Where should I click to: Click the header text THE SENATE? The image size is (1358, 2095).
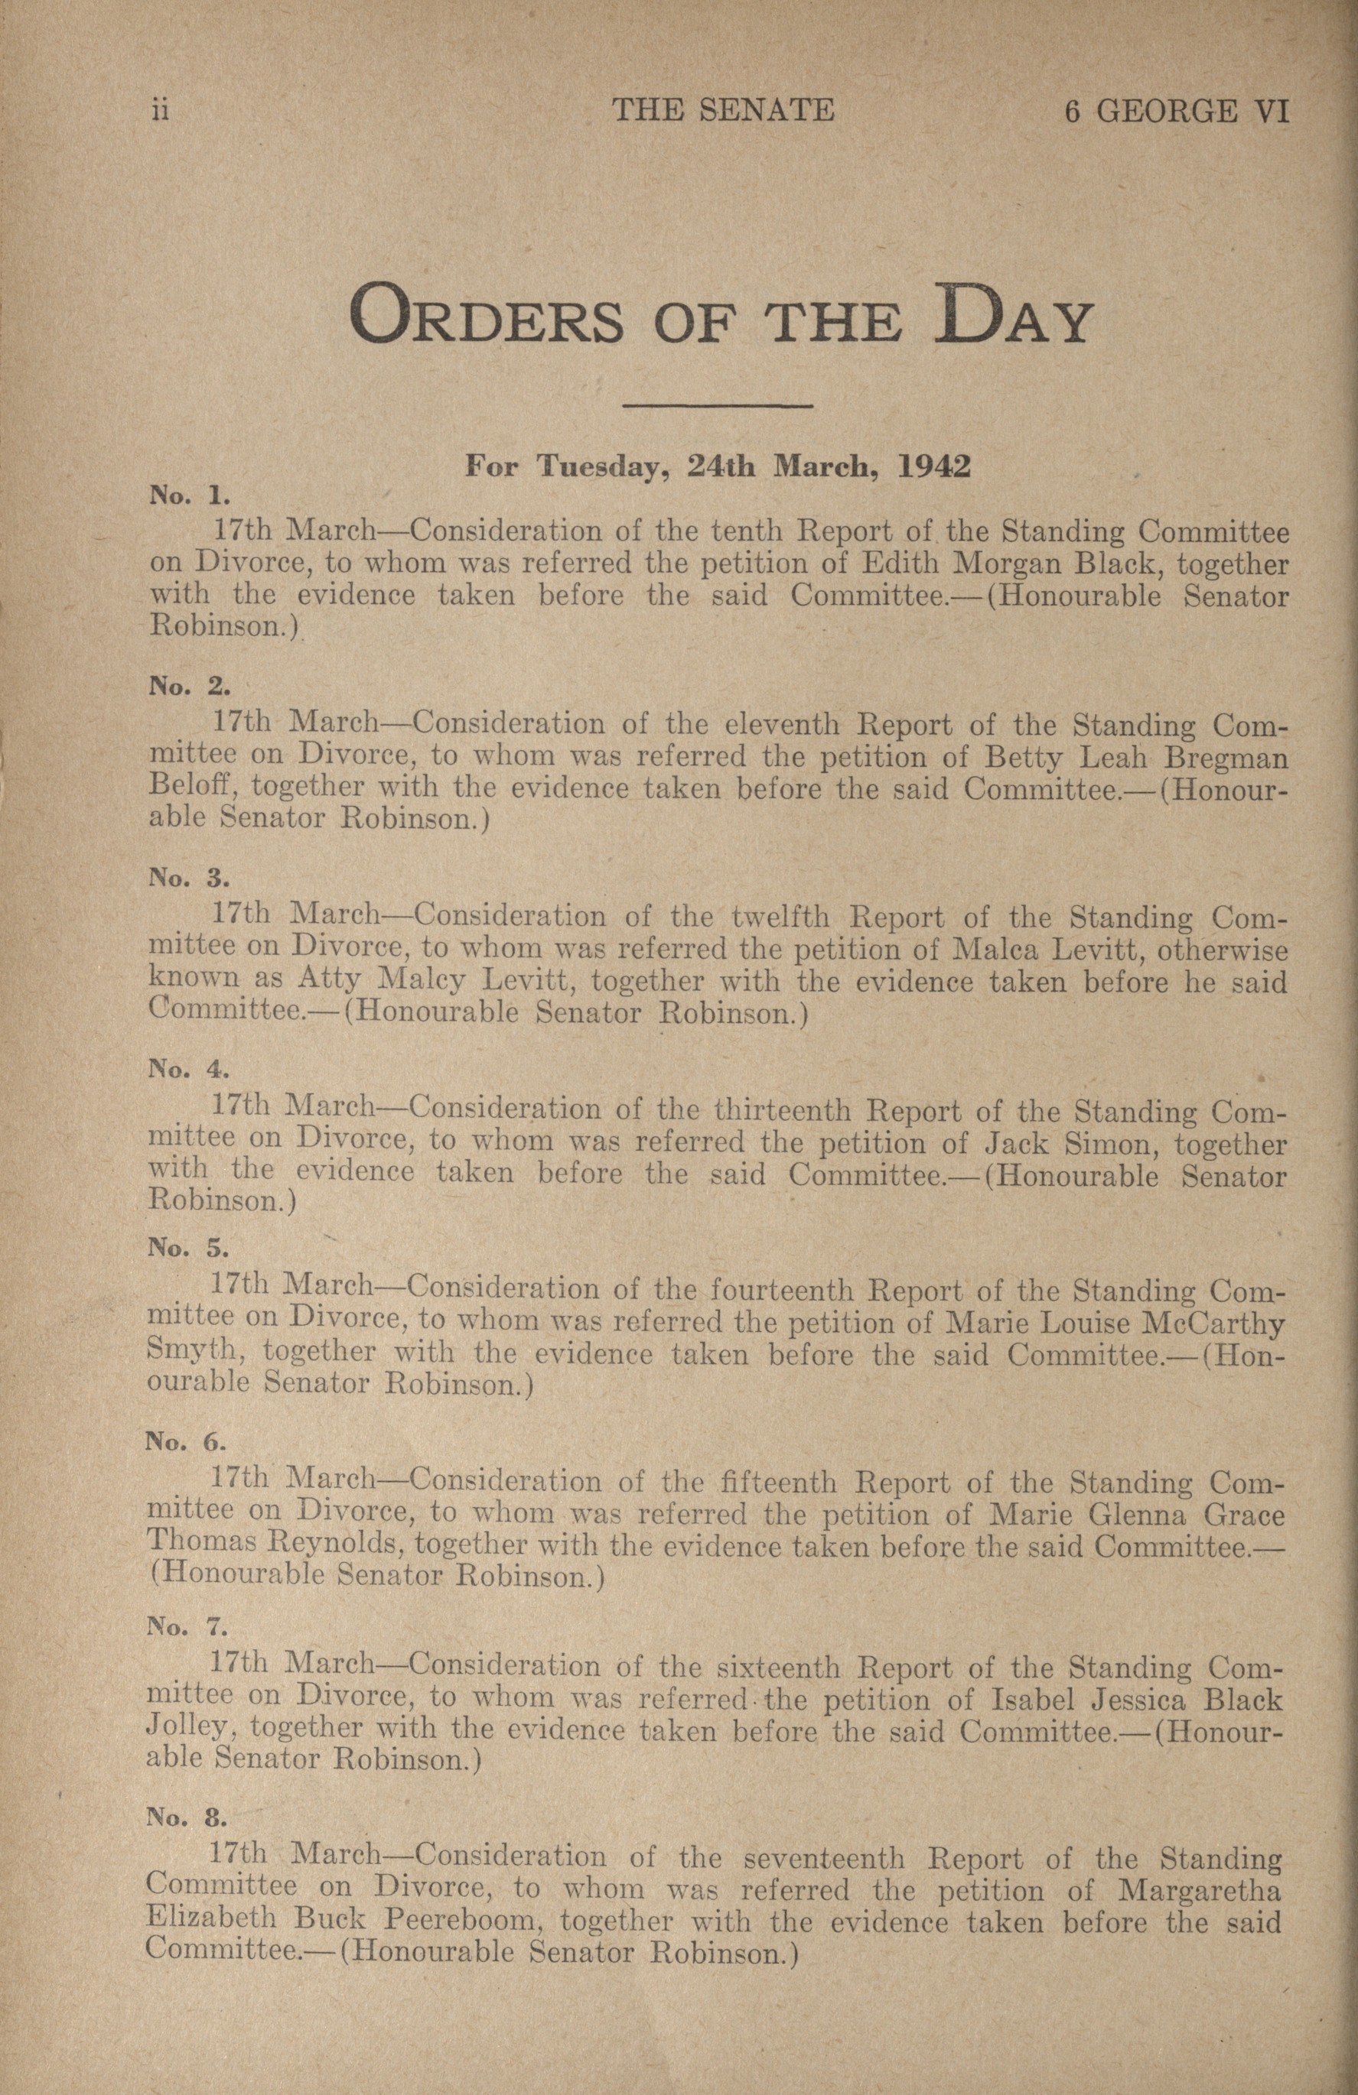tap(723, 110)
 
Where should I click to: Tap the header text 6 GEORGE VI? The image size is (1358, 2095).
tap(1176, 111)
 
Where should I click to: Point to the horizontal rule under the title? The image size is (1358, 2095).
tap(717, 406)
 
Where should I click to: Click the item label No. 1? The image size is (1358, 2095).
tap(189, 495)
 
